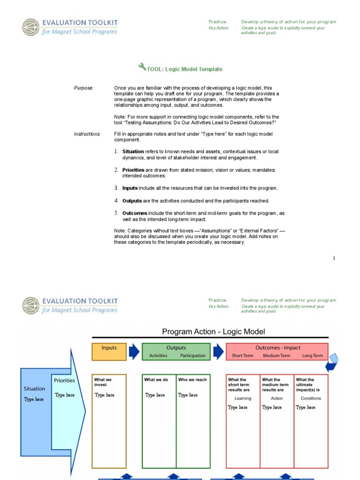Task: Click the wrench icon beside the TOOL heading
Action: click(142, 67)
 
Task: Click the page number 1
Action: click(334, 258)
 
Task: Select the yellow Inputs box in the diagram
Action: click(109, 352)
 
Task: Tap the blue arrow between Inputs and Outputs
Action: click(134, 352)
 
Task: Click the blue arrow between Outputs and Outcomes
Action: click(218, 352)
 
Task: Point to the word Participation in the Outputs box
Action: click(193, 356)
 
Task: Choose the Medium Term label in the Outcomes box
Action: click(277, 356)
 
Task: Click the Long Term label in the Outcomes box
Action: click(312, 356)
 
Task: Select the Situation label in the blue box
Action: click(34, 389)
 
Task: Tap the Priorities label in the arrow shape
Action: click(64, 381)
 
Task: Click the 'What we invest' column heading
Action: click(103, 382)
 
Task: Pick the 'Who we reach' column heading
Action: click(192, 380)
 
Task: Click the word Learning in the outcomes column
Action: click(243, 398)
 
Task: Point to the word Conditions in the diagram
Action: click(311, 398)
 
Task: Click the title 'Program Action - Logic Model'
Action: click(213, 332)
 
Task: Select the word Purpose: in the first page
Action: click(84, 88)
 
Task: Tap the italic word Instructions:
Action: click(87, 134)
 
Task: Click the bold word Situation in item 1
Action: click(133, 152)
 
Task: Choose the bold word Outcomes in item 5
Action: click(135, 213)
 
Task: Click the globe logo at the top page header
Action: click(31, 27)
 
